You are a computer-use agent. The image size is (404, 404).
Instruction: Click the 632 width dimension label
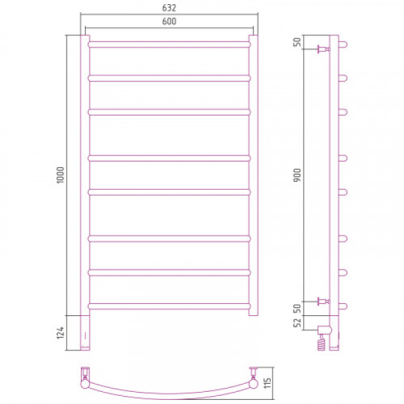tap(169, 8)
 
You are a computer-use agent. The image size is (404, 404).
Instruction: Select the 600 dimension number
tap(169, 21)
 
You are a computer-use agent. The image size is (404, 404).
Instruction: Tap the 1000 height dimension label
tap(61, 175)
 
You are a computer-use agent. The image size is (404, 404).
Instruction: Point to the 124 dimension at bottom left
tap(61, 333)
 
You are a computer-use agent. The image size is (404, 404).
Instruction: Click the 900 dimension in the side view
tap(297, 175)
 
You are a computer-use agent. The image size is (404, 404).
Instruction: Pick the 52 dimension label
tap(297, 322)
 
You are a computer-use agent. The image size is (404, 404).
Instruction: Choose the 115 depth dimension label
tap(267, 383)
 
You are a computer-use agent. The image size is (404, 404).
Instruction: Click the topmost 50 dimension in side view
tap(297, 42)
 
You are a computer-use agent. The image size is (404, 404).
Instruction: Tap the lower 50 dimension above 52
tap(297, 308)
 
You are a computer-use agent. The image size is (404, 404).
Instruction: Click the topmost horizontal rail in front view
tap(169, 44)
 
